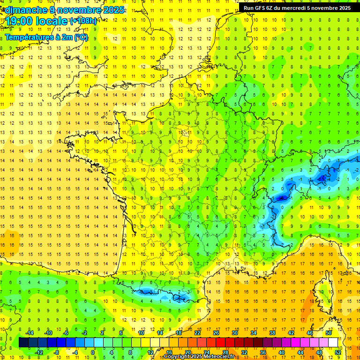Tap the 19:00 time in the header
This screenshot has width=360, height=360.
(21, 21)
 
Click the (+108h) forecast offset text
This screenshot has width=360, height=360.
(83, 21)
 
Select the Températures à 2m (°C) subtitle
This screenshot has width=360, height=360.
(46, 37)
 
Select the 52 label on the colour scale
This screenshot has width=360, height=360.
(338, 352)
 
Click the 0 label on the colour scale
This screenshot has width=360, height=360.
(93, 352)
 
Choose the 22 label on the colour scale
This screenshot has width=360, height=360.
(197, 333)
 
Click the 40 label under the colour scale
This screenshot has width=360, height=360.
(282, 352)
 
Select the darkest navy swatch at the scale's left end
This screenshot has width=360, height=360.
(23, 343)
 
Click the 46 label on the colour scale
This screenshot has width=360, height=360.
(310, 333)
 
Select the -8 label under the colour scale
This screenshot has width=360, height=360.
(56, 352)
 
